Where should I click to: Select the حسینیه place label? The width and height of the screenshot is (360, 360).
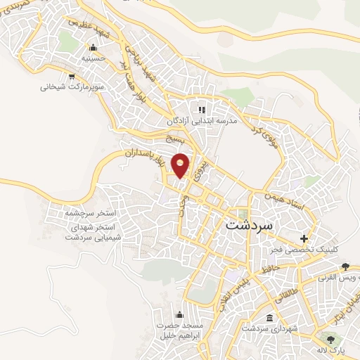point(93,59)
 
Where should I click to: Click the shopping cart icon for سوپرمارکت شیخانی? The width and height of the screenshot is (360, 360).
point(71,77)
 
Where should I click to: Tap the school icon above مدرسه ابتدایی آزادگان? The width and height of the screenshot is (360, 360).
point(202,109)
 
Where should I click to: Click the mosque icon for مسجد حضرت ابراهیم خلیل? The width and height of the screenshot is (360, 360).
point(179,314)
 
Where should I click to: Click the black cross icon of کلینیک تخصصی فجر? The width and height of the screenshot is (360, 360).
point(304,238)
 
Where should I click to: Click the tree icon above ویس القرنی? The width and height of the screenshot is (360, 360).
point(345,266)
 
